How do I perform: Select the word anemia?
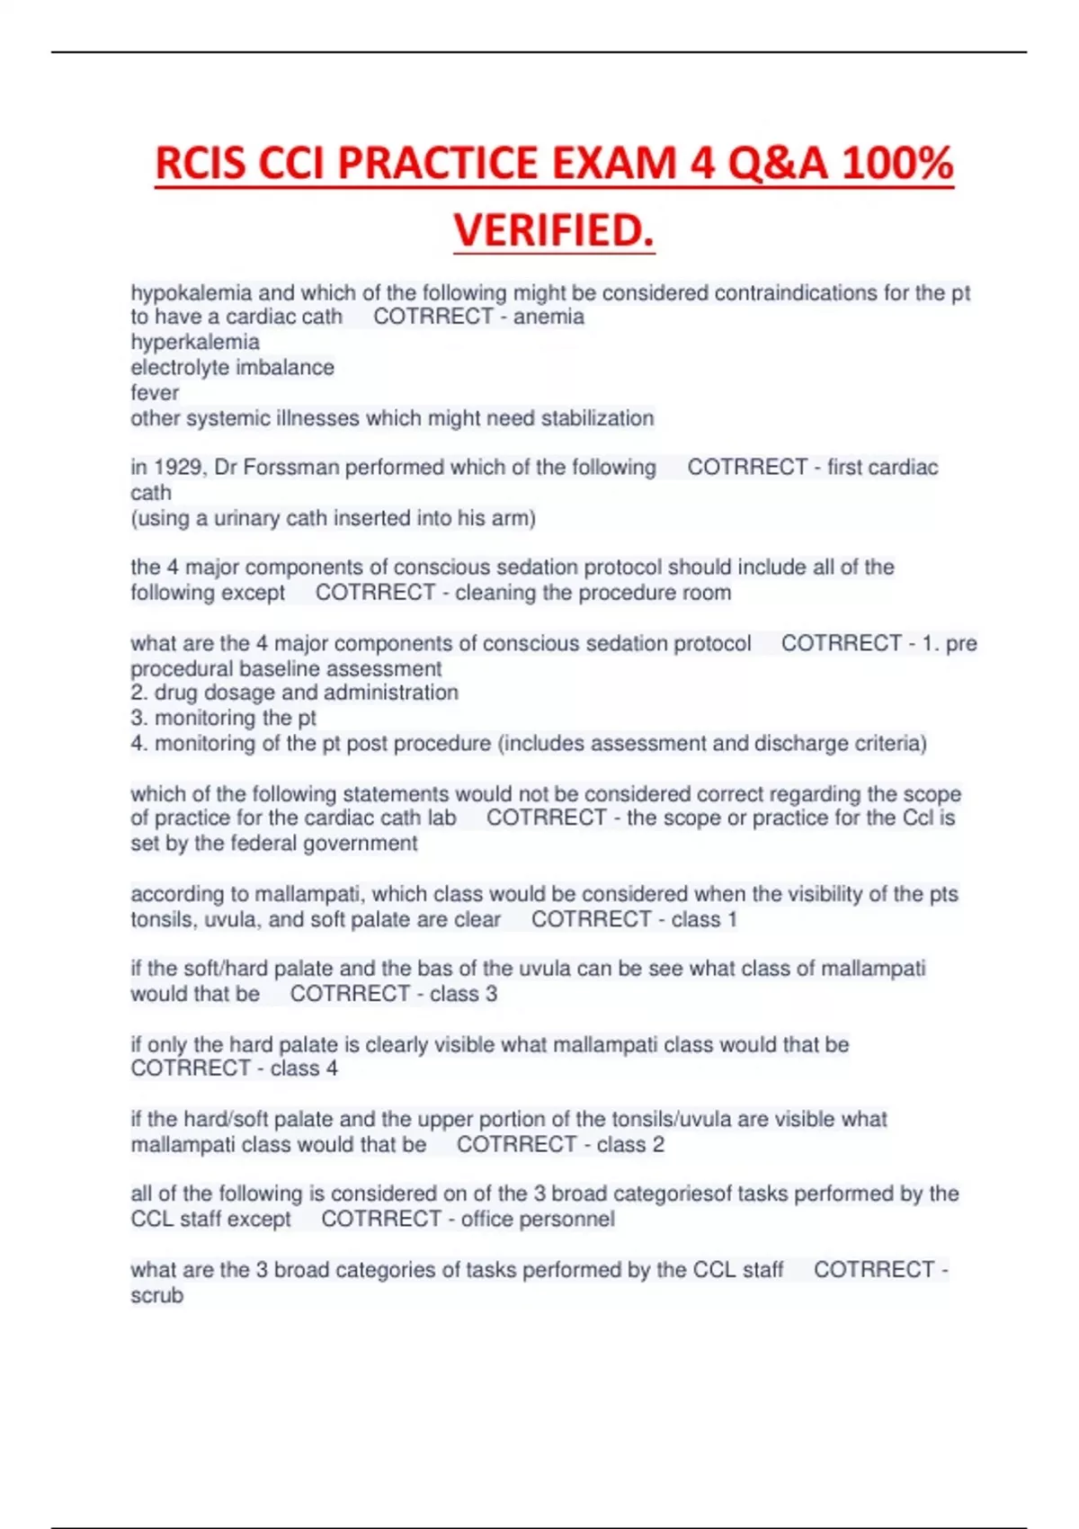point(548,317)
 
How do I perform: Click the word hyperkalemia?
point(195,342)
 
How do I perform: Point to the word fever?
point(155,393)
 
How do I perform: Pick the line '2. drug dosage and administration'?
point(294,693)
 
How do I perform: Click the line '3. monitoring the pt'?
point(223,718)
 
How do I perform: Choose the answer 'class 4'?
point(304,1069)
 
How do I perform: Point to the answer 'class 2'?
point(630,1144)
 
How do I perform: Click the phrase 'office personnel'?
point(538,1220)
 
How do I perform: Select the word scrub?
point(157,1295)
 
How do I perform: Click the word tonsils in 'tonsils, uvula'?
point(163,919)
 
